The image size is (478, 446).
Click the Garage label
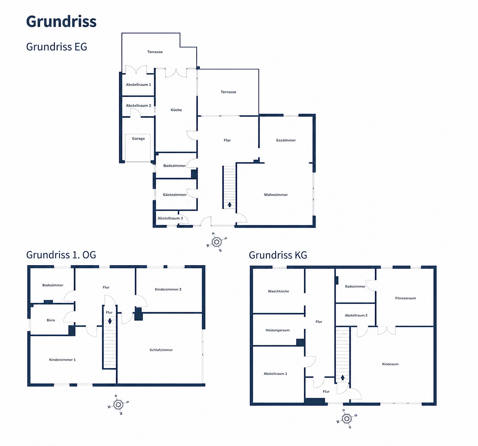click(138, 139)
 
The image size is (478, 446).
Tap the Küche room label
click(176, 110)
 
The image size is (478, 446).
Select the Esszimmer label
click(286, 140)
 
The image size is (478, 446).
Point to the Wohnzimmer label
click(276, 195)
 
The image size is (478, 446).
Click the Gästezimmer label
click(175, 195)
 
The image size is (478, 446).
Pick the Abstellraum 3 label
click(170, 218)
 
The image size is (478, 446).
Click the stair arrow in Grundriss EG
click(230, 204)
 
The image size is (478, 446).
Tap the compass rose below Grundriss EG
click(217, 242)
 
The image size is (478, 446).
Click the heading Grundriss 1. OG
click(61, 255)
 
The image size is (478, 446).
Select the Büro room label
click(51, 320)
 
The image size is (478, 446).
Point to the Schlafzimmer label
click(161, 350)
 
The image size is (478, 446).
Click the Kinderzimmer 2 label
click(168, 289)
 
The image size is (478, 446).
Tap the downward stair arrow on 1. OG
click(110, 321)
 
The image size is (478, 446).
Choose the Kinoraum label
click(390, 364)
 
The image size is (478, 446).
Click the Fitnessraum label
click(405, 298)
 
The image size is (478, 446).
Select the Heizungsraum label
click(277, 330)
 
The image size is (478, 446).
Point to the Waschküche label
click(278, 291)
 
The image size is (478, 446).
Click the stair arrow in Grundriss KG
click(342, 377)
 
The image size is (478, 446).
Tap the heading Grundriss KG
click(278, 255)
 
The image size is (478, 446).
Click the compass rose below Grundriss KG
click(347, 419)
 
